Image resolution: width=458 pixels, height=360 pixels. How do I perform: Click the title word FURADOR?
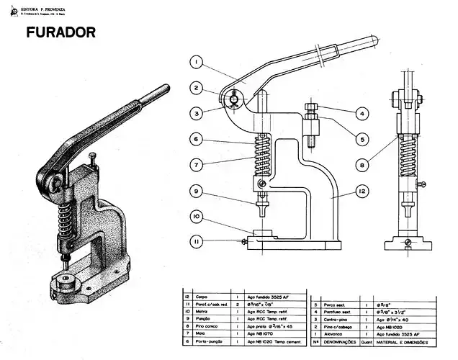click(x=60, y=33)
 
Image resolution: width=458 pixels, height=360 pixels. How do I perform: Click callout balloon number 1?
click(x=196, y=62)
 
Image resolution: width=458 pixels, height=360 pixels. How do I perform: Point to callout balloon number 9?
click(x=196, y=191)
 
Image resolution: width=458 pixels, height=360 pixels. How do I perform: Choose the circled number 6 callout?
click(x=196, y=139)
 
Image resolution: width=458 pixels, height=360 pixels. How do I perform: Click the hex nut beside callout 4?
click(x=313, y=111)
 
